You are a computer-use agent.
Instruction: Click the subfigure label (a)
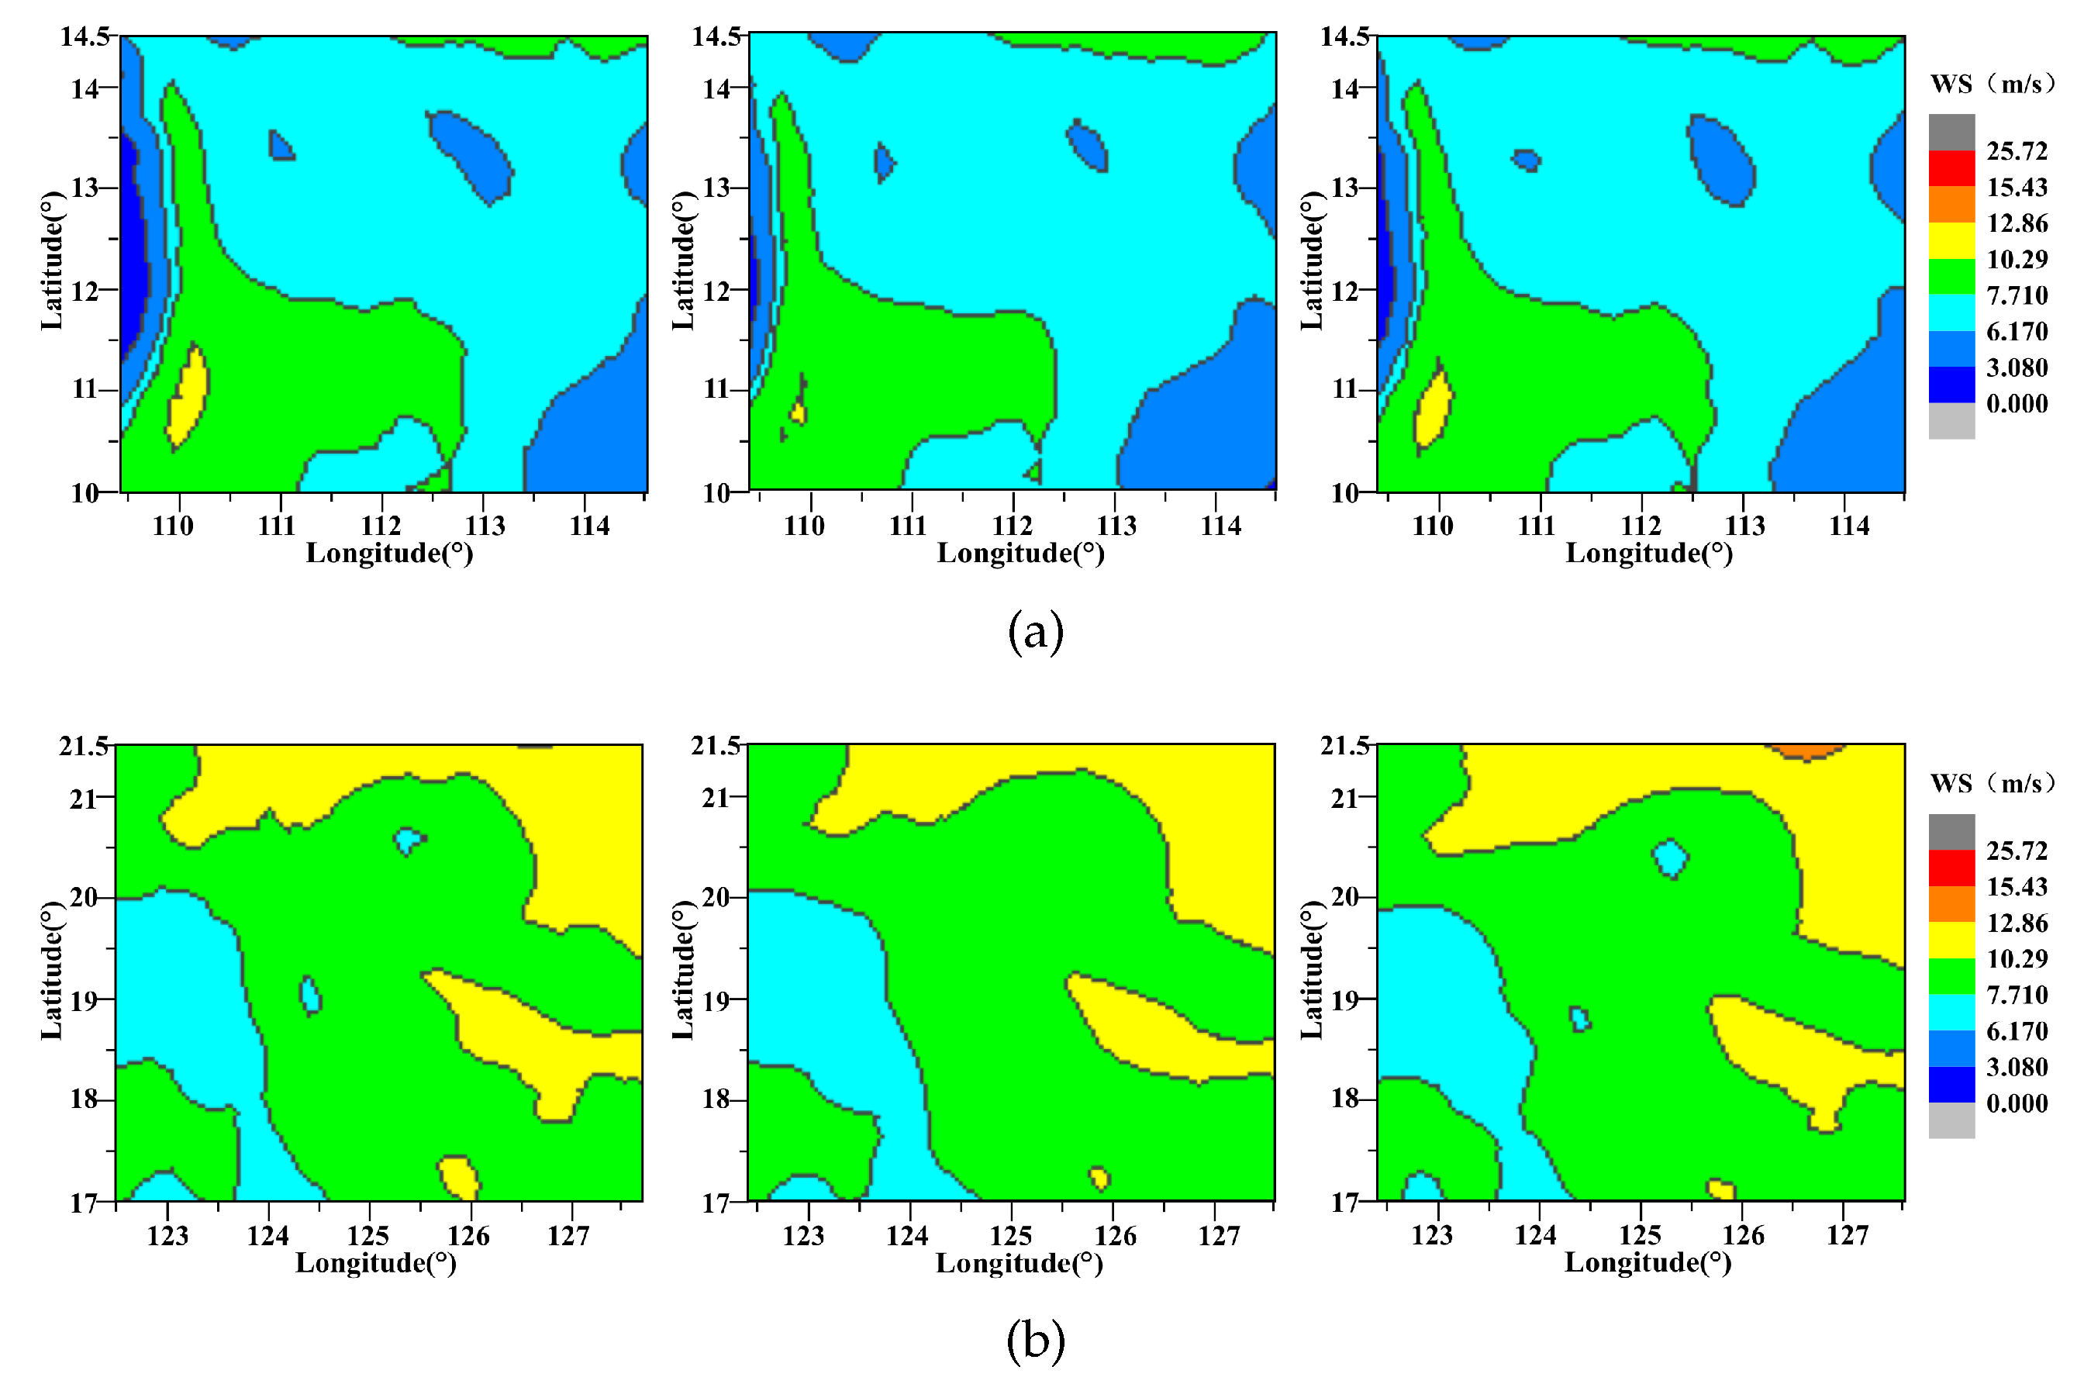tap(1035, 633)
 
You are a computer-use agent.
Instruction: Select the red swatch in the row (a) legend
tap(1951, 167)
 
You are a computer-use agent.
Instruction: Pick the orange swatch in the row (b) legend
tap(1951, 904)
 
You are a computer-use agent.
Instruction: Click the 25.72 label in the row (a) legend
tap(2017, 152)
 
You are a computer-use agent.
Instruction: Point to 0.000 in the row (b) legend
tap(2017, 1103)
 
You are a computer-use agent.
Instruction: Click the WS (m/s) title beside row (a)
tap(1993, 84)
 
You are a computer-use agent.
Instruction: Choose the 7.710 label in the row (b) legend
tap(2017, 995)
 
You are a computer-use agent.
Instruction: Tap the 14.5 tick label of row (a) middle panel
tap(716, 36)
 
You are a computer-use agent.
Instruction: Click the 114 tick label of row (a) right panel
tap(1848, 526)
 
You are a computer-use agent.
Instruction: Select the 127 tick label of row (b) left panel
tap(568, 1236)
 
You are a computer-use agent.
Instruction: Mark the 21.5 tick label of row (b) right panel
tap(1344, 746)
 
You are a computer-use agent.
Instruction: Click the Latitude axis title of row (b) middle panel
tap(683, 970)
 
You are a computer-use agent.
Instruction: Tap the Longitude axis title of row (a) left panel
tap(389, 554)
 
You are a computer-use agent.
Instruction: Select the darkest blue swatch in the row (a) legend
tap(1951, 384)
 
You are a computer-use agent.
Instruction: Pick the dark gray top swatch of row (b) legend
tap(1951, 831)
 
